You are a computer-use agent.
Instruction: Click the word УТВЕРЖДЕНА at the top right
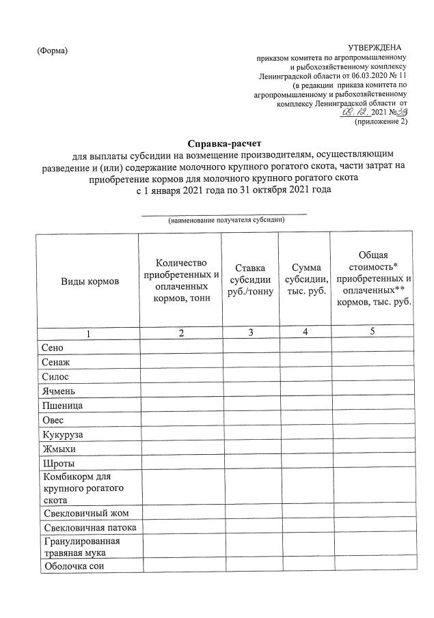click(375, 46)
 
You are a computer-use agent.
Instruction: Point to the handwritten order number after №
click(402, 111)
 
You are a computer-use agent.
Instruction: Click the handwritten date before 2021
click(355, 112)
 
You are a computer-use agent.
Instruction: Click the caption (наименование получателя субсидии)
click(226, 220)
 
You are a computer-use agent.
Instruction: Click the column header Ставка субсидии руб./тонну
click(251, 281)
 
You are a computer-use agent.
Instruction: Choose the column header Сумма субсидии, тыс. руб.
click(304, 281)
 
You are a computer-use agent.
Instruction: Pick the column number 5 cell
click(372, 333)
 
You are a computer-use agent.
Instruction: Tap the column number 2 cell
click(180, 333)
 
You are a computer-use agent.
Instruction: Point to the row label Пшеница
click(63, 405)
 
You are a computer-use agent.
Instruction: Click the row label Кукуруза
click(65, 434)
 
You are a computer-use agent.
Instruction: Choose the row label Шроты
click(57, 463)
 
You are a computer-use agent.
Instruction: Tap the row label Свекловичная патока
click(89, 528)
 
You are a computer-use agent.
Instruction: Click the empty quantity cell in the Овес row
click(180, 419)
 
